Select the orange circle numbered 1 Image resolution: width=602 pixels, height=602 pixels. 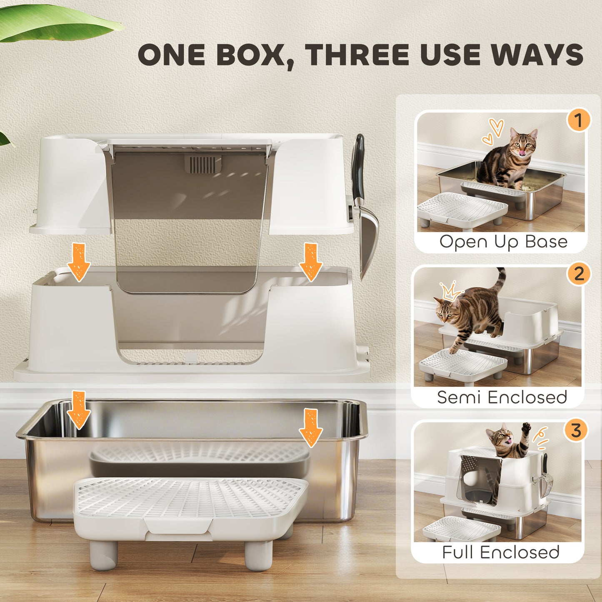click(577, 120)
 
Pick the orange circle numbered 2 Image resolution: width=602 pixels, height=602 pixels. click(578, 274)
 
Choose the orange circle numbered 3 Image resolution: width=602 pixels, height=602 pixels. click(575, 430)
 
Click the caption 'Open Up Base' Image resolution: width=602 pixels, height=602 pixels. click(503, 242)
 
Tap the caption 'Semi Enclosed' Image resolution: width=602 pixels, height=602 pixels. click(502, 397)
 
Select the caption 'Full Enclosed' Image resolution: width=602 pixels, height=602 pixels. click(500, 552)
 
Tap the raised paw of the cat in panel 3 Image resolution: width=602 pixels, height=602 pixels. click(527, 428)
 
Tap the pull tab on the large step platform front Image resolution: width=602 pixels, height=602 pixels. click(178, 527)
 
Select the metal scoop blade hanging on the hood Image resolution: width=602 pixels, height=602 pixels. click(368, 242)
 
